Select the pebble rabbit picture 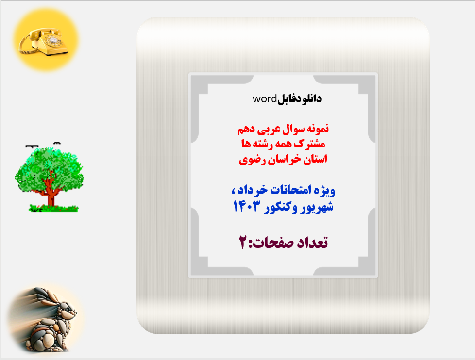(x=46, y=318)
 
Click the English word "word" (x=264, y=99)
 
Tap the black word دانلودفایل (x=299, y=99)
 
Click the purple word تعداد (x=311, y=242)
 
